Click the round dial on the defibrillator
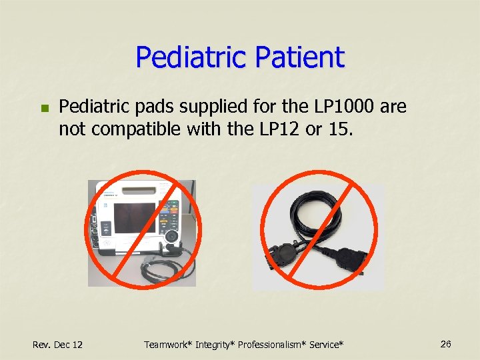[172, 237]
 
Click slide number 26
[446, 343]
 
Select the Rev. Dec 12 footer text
[58, 344]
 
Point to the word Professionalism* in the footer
[287, 344]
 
